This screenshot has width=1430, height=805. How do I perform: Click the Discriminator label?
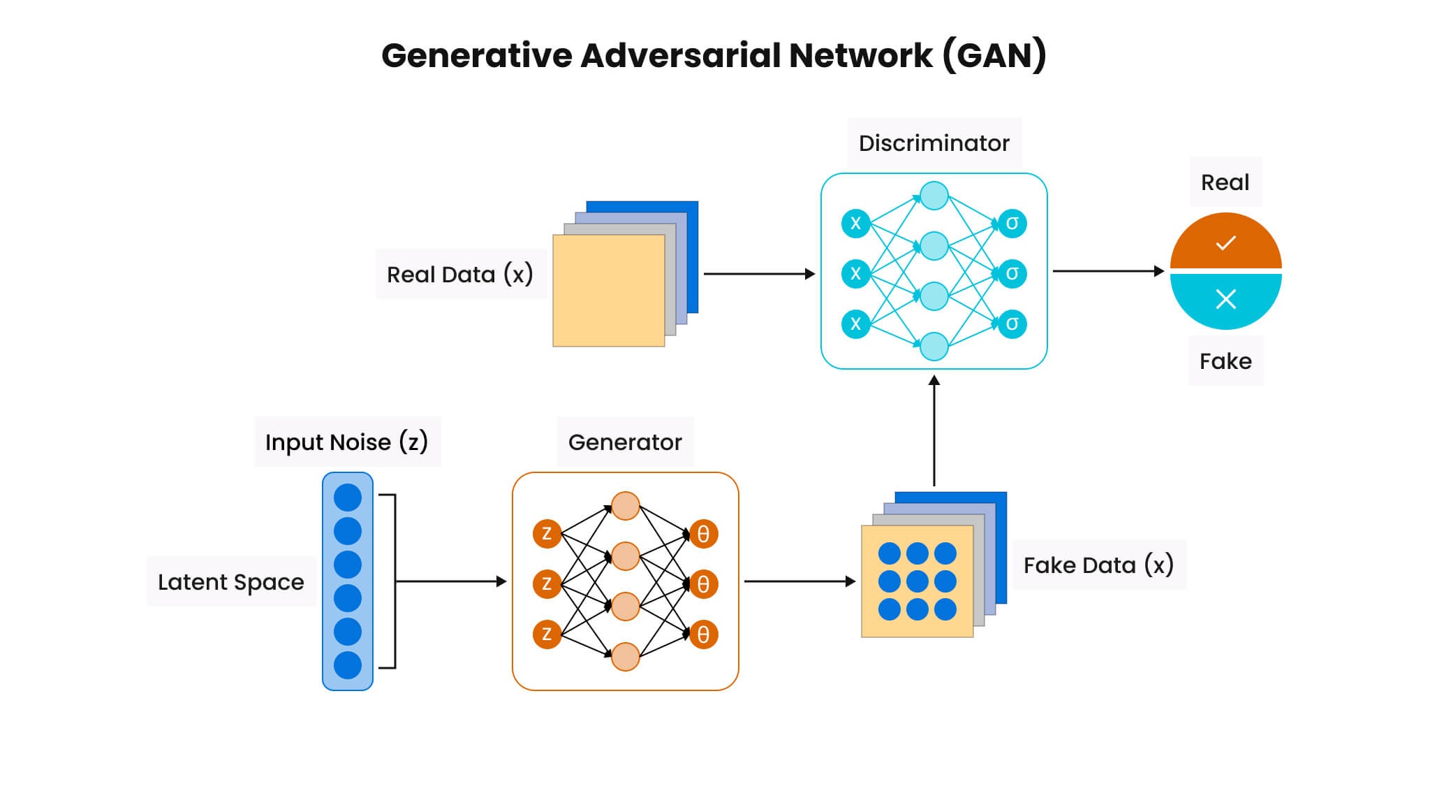click(934, 143)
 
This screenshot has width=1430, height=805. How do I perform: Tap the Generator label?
click(625, 442)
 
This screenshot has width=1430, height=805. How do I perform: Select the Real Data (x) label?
click(459, 275)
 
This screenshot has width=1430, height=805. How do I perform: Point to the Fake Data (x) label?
click(1098, 565)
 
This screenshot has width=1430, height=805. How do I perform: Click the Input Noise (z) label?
click(346, 442)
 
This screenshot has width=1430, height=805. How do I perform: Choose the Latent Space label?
click(230, 582)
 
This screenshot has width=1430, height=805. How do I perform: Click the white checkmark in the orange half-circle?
click(1225, 243)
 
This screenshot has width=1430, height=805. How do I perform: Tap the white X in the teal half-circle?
click(1225, 299)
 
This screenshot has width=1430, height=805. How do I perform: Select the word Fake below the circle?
click(1225, 361)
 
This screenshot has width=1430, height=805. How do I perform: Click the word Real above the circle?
click(1225, 182)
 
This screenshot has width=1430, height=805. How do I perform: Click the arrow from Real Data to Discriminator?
click(759, 274)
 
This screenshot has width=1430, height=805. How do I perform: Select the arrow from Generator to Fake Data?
click(799, 581)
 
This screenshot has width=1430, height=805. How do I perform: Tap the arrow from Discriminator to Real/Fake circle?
click(1108, 270)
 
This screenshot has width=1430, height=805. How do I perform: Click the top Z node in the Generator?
click(547, 534)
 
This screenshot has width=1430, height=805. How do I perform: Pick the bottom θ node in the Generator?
click(703, 634)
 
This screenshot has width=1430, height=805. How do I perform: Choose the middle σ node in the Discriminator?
click(1012, 273)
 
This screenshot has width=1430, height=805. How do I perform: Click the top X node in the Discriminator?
click(855, 224)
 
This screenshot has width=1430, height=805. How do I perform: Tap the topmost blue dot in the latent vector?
click(348, 498)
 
